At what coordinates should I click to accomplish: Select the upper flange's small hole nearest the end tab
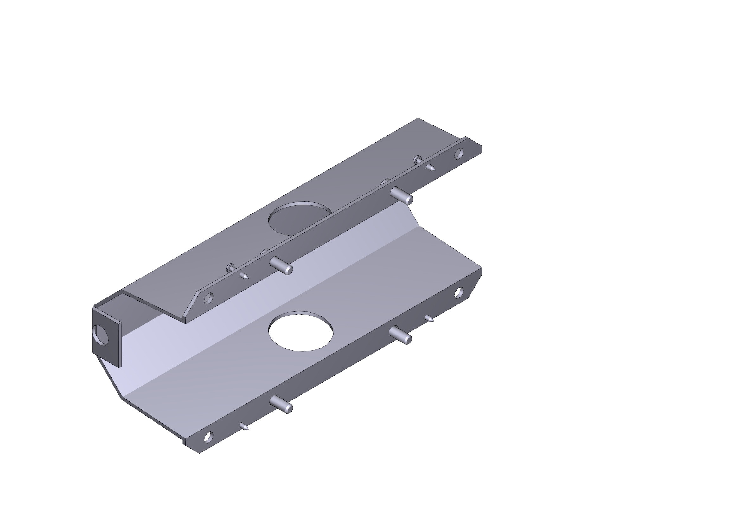point(209,297)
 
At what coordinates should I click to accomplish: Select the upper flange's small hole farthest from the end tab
point(459,153)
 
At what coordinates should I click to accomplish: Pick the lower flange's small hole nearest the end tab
point(208,437)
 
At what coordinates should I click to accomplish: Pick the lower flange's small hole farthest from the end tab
point(459,293)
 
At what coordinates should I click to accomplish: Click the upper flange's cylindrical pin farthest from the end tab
point(402,195)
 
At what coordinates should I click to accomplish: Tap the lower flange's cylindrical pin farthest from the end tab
point(400,335)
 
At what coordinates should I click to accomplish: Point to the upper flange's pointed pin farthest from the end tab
point(430,168)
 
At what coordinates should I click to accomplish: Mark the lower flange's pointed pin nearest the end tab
point(244,426)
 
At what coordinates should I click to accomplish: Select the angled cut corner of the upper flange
point(192,303)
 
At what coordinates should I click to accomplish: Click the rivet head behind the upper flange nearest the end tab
point(230,267)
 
